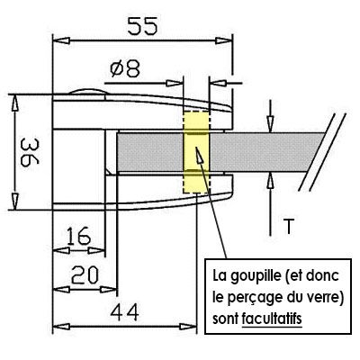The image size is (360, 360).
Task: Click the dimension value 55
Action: pos(142,26)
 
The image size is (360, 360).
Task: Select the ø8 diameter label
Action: pos(125,69)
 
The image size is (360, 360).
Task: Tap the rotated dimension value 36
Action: pos(30,152)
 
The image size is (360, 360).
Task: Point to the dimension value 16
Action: pos(78,236)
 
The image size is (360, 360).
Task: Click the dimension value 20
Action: pos(85,275)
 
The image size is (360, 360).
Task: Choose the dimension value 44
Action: pos(124,312)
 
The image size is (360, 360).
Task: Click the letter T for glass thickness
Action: pos(288,227)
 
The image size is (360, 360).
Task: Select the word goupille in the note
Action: pos(256,276)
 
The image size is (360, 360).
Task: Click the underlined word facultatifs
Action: pos(272,319)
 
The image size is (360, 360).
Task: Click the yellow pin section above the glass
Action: pos(196,121)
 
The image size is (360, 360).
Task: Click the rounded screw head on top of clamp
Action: pos(87,92)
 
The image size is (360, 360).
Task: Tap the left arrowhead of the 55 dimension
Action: pos(61,40)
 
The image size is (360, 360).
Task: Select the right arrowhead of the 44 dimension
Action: pos(188,327)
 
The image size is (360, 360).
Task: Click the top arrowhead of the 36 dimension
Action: pos(15,104)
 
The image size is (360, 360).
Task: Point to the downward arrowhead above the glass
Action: pos(271,123)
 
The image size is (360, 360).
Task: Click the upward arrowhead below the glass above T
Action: pos(271,181)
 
